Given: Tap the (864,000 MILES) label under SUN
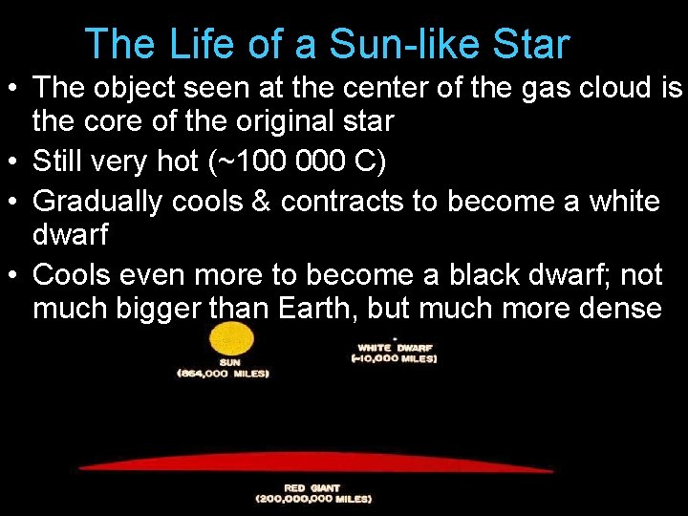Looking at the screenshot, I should coord(223,374).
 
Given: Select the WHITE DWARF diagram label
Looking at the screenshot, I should coord(395,347).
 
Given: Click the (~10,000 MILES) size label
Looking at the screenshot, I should coord(394,358).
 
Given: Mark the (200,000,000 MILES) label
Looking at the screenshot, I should coord(313,499).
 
